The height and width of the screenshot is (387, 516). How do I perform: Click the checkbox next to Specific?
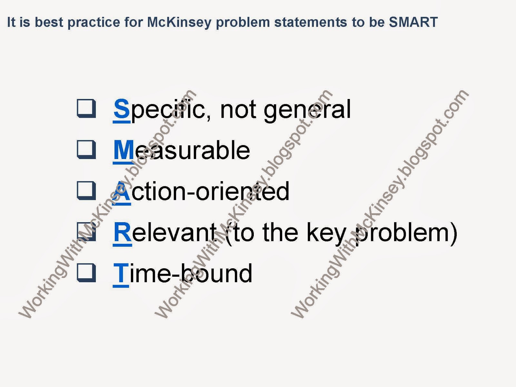click(x=86, y=109)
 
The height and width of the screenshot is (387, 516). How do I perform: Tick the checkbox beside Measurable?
click(x=86, y=150)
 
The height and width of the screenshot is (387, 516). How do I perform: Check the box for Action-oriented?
click(x=86, y=191)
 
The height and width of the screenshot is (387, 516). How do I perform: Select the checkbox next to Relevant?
click(x=86, y=232)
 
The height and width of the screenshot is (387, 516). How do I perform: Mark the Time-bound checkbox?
click(x=86, y=273)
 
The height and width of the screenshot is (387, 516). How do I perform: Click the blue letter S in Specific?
click(x=122, y=109)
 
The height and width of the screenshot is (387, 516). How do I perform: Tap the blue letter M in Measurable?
click(x=124, y=150)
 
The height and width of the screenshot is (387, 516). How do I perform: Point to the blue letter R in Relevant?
click(x=122, y=232)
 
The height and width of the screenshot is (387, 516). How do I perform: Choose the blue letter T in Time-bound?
click(x=121, y=273)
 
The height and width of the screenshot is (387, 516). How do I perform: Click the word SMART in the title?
click(x=413, y=22)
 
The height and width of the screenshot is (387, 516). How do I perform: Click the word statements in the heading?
click(x=311, y=23)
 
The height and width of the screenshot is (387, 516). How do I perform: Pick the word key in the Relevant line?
click(x=326, y=234)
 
